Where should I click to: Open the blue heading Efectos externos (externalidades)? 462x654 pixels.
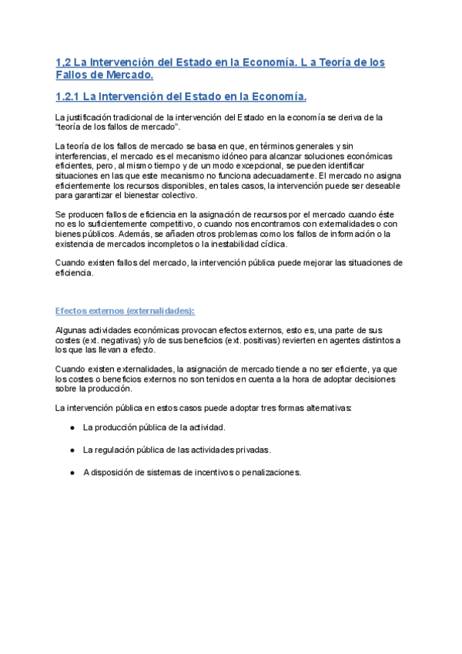point(126,289)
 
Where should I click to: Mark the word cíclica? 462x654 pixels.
point(269,244)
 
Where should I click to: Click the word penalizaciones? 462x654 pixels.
point(269,472)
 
